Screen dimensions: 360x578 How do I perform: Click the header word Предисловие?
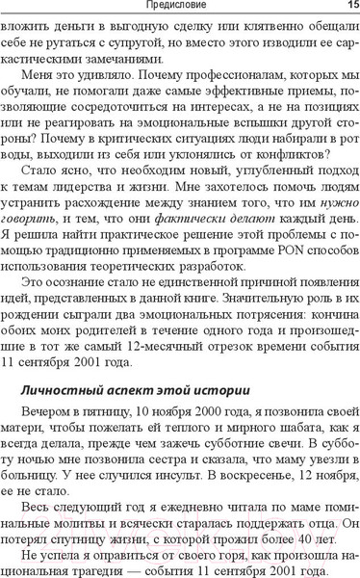[179, 6]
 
